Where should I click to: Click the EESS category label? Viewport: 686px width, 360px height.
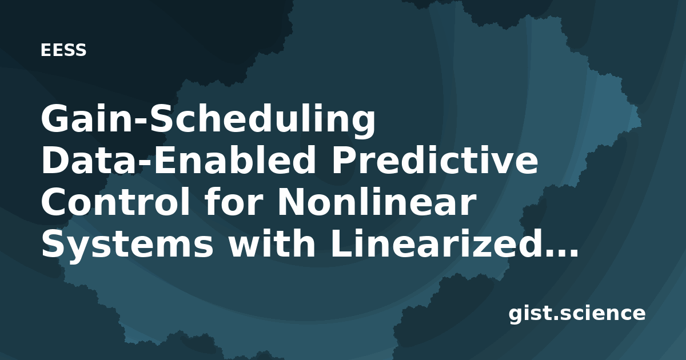pyautogui.click(x=63, y=50)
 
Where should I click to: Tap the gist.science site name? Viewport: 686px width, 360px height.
pyautogui.click(x=577, y=314)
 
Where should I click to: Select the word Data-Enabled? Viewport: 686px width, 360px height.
pyautogui.click(x=178, y=161)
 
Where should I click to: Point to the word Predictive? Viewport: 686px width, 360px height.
pyautogui.click(x=435, y=161)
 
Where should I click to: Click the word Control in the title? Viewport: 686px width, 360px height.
pyautogui.click(x=115, y=203)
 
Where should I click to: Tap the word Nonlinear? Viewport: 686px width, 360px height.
pyautogui.click(x=377, y=203)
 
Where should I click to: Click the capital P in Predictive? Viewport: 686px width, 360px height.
pyautogui.click(x=345, y=161)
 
